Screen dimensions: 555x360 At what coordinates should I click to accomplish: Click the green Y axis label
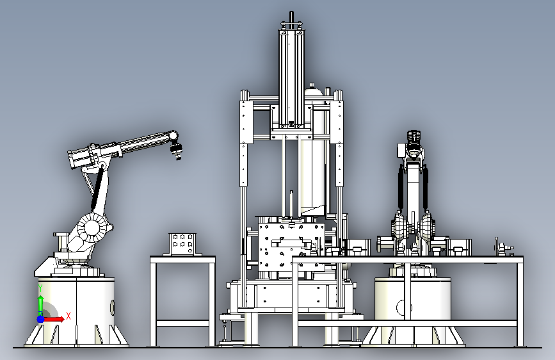(40, 288)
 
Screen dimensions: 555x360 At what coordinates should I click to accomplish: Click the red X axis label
(68, 316)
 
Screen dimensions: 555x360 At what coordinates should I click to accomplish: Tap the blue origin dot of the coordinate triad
(41, 319)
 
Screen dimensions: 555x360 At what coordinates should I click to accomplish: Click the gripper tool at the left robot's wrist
(176, 150)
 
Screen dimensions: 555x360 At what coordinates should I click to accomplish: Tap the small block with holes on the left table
(182, 244)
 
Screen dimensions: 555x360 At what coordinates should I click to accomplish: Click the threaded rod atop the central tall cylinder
(292, 17)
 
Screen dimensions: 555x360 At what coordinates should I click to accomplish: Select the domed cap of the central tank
(313, 90)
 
